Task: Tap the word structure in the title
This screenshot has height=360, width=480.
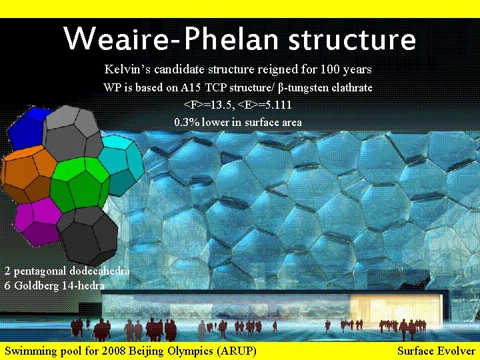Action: pos(352,40)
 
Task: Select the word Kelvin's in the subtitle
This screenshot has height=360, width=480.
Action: pos(126,69)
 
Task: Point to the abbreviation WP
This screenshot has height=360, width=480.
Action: pos(111,87)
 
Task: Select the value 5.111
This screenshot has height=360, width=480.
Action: pos(278,105)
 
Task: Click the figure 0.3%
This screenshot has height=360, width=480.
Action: pos(186,122)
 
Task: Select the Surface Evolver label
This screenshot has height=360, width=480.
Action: pos(436,351)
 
